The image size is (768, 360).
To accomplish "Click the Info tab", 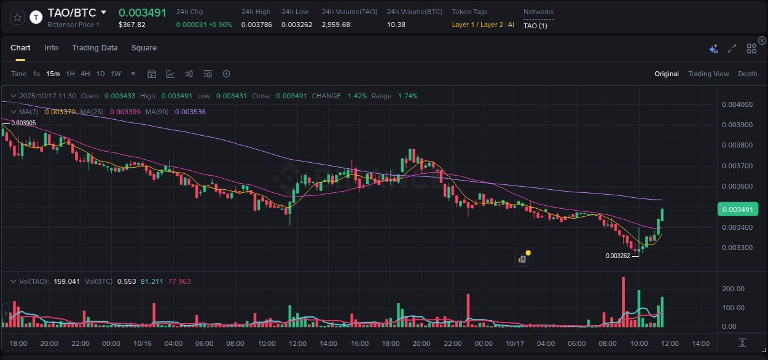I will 51,48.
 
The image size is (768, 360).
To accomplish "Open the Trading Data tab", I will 95,48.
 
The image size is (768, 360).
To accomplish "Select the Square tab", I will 144,48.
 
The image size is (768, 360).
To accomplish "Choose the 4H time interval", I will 85,74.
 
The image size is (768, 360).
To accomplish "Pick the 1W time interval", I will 116,74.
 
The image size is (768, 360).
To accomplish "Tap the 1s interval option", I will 36,74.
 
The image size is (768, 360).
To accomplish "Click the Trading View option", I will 708,74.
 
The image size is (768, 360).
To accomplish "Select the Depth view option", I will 747,74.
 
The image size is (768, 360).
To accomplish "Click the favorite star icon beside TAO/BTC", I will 18,17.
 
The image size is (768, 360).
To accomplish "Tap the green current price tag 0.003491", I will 738,209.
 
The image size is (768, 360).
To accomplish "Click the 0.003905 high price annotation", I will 23,123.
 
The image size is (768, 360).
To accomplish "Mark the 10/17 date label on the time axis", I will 514,343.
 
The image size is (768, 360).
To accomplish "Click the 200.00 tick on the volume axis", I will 733,289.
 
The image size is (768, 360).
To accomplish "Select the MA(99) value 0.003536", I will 190,112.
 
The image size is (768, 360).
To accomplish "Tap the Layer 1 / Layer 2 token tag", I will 477,25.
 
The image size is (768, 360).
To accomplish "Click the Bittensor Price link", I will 73,25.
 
